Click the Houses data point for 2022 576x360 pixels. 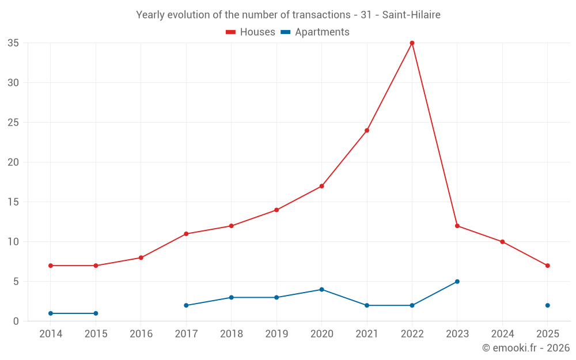[412, 43]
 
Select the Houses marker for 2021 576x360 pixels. [367, 130]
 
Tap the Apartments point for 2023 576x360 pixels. [457, 282]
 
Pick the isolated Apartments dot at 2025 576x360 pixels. [548, 305]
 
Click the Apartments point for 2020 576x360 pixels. [321, 290]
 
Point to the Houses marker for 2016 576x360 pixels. [141, 257]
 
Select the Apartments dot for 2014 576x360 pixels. [51, 313]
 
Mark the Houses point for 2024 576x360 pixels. [502, 242]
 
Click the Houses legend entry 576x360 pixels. [251, 32]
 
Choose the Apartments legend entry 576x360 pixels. [315, 32]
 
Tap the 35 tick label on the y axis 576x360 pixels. [13, 43]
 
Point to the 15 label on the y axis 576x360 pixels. [13, 202]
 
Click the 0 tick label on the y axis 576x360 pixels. [16, 321]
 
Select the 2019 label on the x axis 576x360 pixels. [276, 334]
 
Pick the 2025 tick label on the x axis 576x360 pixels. [548, 334]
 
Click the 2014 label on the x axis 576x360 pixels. [51, 334]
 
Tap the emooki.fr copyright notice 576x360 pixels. [526, 348]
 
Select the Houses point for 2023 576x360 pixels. [457, 226]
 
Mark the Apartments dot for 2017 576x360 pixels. [186, 305]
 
